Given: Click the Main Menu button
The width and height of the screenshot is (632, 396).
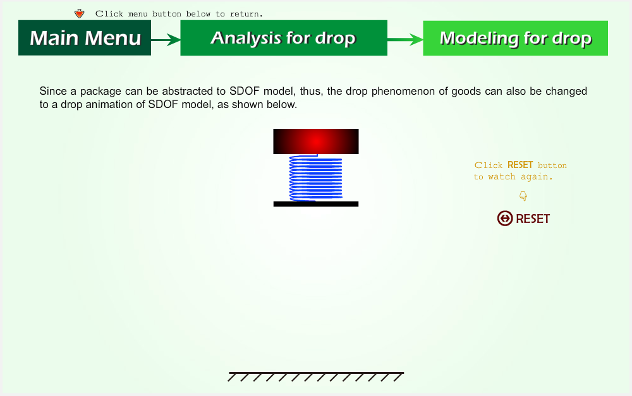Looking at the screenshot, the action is tap(85, 38).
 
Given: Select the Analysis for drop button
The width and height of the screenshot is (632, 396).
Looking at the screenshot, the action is tap(284, 38).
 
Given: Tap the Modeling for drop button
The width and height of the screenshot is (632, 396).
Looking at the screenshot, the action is tap(516, 39).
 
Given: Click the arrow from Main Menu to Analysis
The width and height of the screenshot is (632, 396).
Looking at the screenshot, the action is tap(166, 40).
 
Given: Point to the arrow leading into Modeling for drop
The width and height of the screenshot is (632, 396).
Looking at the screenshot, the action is tap(405, 39).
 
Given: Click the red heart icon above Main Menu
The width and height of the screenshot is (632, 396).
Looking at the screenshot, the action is tap(80, 14).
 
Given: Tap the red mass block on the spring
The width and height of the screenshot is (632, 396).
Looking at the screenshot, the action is tap(316, 141).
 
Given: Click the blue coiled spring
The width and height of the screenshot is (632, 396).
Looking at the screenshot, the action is tap(316, 177).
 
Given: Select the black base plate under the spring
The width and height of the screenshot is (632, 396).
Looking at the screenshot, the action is tap(316, 204).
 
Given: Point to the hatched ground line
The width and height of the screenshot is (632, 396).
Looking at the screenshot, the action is tap(316, 376).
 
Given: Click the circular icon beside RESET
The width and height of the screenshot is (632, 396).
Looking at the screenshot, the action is tap(504, 219).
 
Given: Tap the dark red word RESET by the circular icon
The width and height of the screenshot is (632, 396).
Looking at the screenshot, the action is tap(533, 219).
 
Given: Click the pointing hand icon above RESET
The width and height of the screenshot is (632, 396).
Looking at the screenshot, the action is tap(523, 196).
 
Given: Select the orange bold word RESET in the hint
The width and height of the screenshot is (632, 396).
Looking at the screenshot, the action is tap(520, 165).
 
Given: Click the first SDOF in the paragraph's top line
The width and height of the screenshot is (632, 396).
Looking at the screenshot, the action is tap(244, 91).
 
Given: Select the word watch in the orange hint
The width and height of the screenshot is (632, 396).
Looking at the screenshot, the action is tap(501, 177).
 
